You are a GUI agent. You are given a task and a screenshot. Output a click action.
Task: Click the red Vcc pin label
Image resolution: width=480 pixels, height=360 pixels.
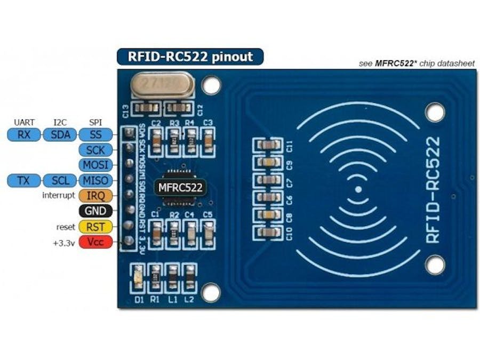pos(95,242)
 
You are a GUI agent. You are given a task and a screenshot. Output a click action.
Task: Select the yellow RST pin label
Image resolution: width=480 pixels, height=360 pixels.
pos(95,227)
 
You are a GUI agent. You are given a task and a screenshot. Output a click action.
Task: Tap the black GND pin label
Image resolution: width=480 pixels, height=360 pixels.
pos(95,211)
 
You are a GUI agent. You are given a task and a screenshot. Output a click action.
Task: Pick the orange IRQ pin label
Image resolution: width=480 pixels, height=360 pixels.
pos(95,195)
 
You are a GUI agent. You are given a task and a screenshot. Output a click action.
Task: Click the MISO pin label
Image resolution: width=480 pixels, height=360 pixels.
pos(95,180)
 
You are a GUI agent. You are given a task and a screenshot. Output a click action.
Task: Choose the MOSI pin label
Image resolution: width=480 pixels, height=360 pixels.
pos(95,165)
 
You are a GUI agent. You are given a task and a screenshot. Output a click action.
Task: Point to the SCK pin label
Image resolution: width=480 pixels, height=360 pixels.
pos(95,150)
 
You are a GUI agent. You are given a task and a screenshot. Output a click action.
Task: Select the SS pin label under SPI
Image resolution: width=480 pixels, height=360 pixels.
pos(95,134)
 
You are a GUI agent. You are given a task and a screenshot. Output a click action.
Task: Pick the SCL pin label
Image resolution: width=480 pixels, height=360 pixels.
pos(60,180)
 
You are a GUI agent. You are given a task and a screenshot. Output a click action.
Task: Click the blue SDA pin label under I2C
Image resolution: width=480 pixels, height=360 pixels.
pos(60,134)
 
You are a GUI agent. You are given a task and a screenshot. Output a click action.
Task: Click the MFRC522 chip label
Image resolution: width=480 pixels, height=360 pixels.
pos(178,187)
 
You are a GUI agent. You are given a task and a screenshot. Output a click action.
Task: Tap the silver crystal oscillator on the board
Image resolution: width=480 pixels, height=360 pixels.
pos(157,85)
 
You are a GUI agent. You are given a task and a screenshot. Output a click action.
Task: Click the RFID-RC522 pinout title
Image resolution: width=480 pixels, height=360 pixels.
pos(190,57)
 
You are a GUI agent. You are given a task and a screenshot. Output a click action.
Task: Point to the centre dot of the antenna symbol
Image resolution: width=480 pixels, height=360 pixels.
pos(358,189)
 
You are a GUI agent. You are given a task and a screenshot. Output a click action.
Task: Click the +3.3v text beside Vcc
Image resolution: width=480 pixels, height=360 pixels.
pos(63,243)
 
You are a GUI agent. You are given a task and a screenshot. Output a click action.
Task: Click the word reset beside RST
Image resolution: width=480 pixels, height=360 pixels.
pos(65,227)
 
